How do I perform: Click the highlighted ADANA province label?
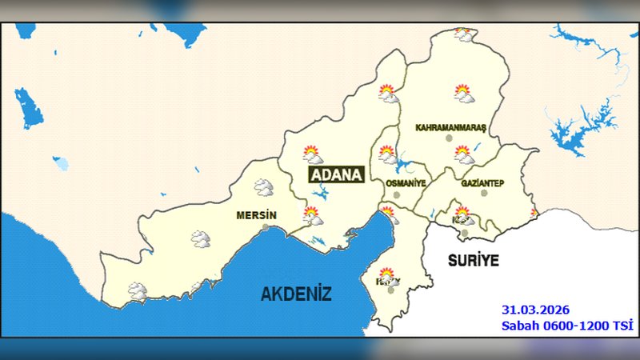coord(336,175)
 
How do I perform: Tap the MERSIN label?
coord(256,216)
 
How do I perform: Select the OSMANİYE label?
coord(406,183)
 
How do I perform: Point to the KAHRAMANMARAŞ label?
coord(451,128)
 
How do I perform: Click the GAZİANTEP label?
coord(482,183)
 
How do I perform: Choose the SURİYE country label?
coord(473,261)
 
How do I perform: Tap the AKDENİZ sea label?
coord(296,294)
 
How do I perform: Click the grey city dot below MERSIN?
coord(266,228)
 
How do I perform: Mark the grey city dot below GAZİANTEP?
coord(483,194)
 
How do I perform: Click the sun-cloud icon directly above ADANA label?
coord(311,154)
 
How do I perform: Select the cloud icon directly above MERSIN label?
coord(263,188)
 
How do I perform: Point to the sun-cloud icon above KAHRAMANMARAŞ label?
coord(463,94)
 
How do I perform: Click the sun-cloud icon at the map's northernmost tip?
coord(462,34)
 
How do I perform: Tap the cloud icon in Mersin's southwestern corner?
coord(138,291)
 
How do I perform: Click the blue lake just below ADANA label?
coord(324,193)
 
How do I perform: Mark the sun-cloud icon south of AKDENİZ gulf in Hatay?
coord(387,276)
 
